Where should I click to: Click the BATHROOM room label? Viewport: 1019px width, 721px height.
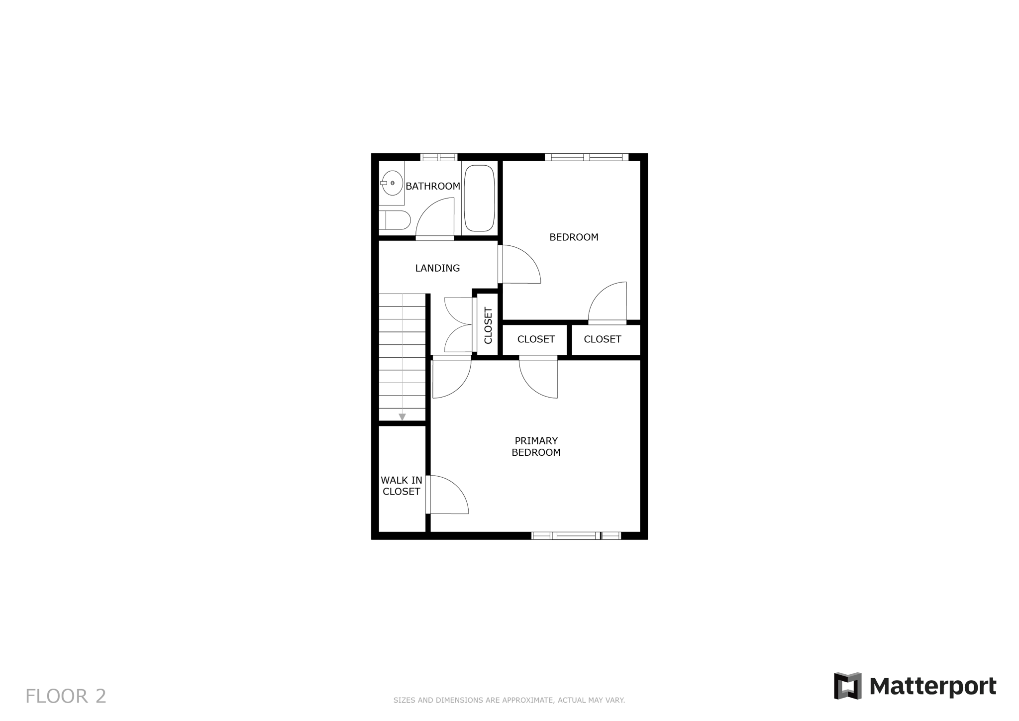pyautogui.click(x=432, y=186)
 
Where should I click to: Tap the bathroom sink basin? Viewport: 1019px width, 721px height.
pyautogui.click(x=393, y=183)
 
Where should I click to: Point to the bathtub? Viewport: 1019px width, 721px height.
pyautogui.click(x=479, y=198)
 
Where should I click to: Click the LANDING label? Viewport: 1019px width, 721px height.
pyautogui.click(x=437, y=268)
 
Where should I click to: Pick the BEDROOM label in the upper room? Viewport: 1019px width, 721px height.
pyautogui.click(x=574, y=237)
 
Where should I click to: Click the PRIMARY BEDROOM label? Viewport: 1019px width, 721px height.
pyautogui.click(x=536, y=446)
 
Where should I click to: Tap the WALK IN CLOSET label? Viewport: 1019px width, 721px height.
pyautogui.click(x=401, y=486)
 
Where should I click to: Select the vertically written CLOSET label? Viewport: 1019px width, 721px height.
pyautogui.click(x=488, y=325)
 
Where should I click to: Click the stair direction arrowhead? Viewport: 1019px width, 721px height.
pyautogui.click(x=402, y=417)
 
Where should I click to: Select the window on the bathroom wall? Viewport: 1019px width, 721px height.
pyautogui.click(x=438, y=157)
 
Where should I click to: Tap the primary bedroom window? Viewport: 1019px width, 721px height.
pyautogui.click(x=576, y=535)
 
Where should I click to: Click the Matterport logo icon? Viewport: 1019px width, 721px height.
pyautogui.click(x=847, y=686)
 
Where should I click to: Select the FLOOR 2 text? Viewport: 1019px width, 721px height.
pyautogui.click(x=66, y=696)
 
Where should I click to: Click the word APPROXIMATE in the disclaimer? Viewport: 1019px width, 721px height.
pyautogui.click(x=527, y=700)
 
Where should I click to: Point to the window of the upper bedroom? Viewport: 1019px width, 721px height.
pyautogui.click(x=587, y=157)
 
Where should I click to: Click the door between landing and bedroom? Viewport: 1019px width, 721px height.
pyautogui.click(x=519, y=264)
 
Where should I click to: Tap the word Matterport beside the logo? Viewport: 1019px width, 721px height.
pyautogui.click(x=933, y=687)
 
